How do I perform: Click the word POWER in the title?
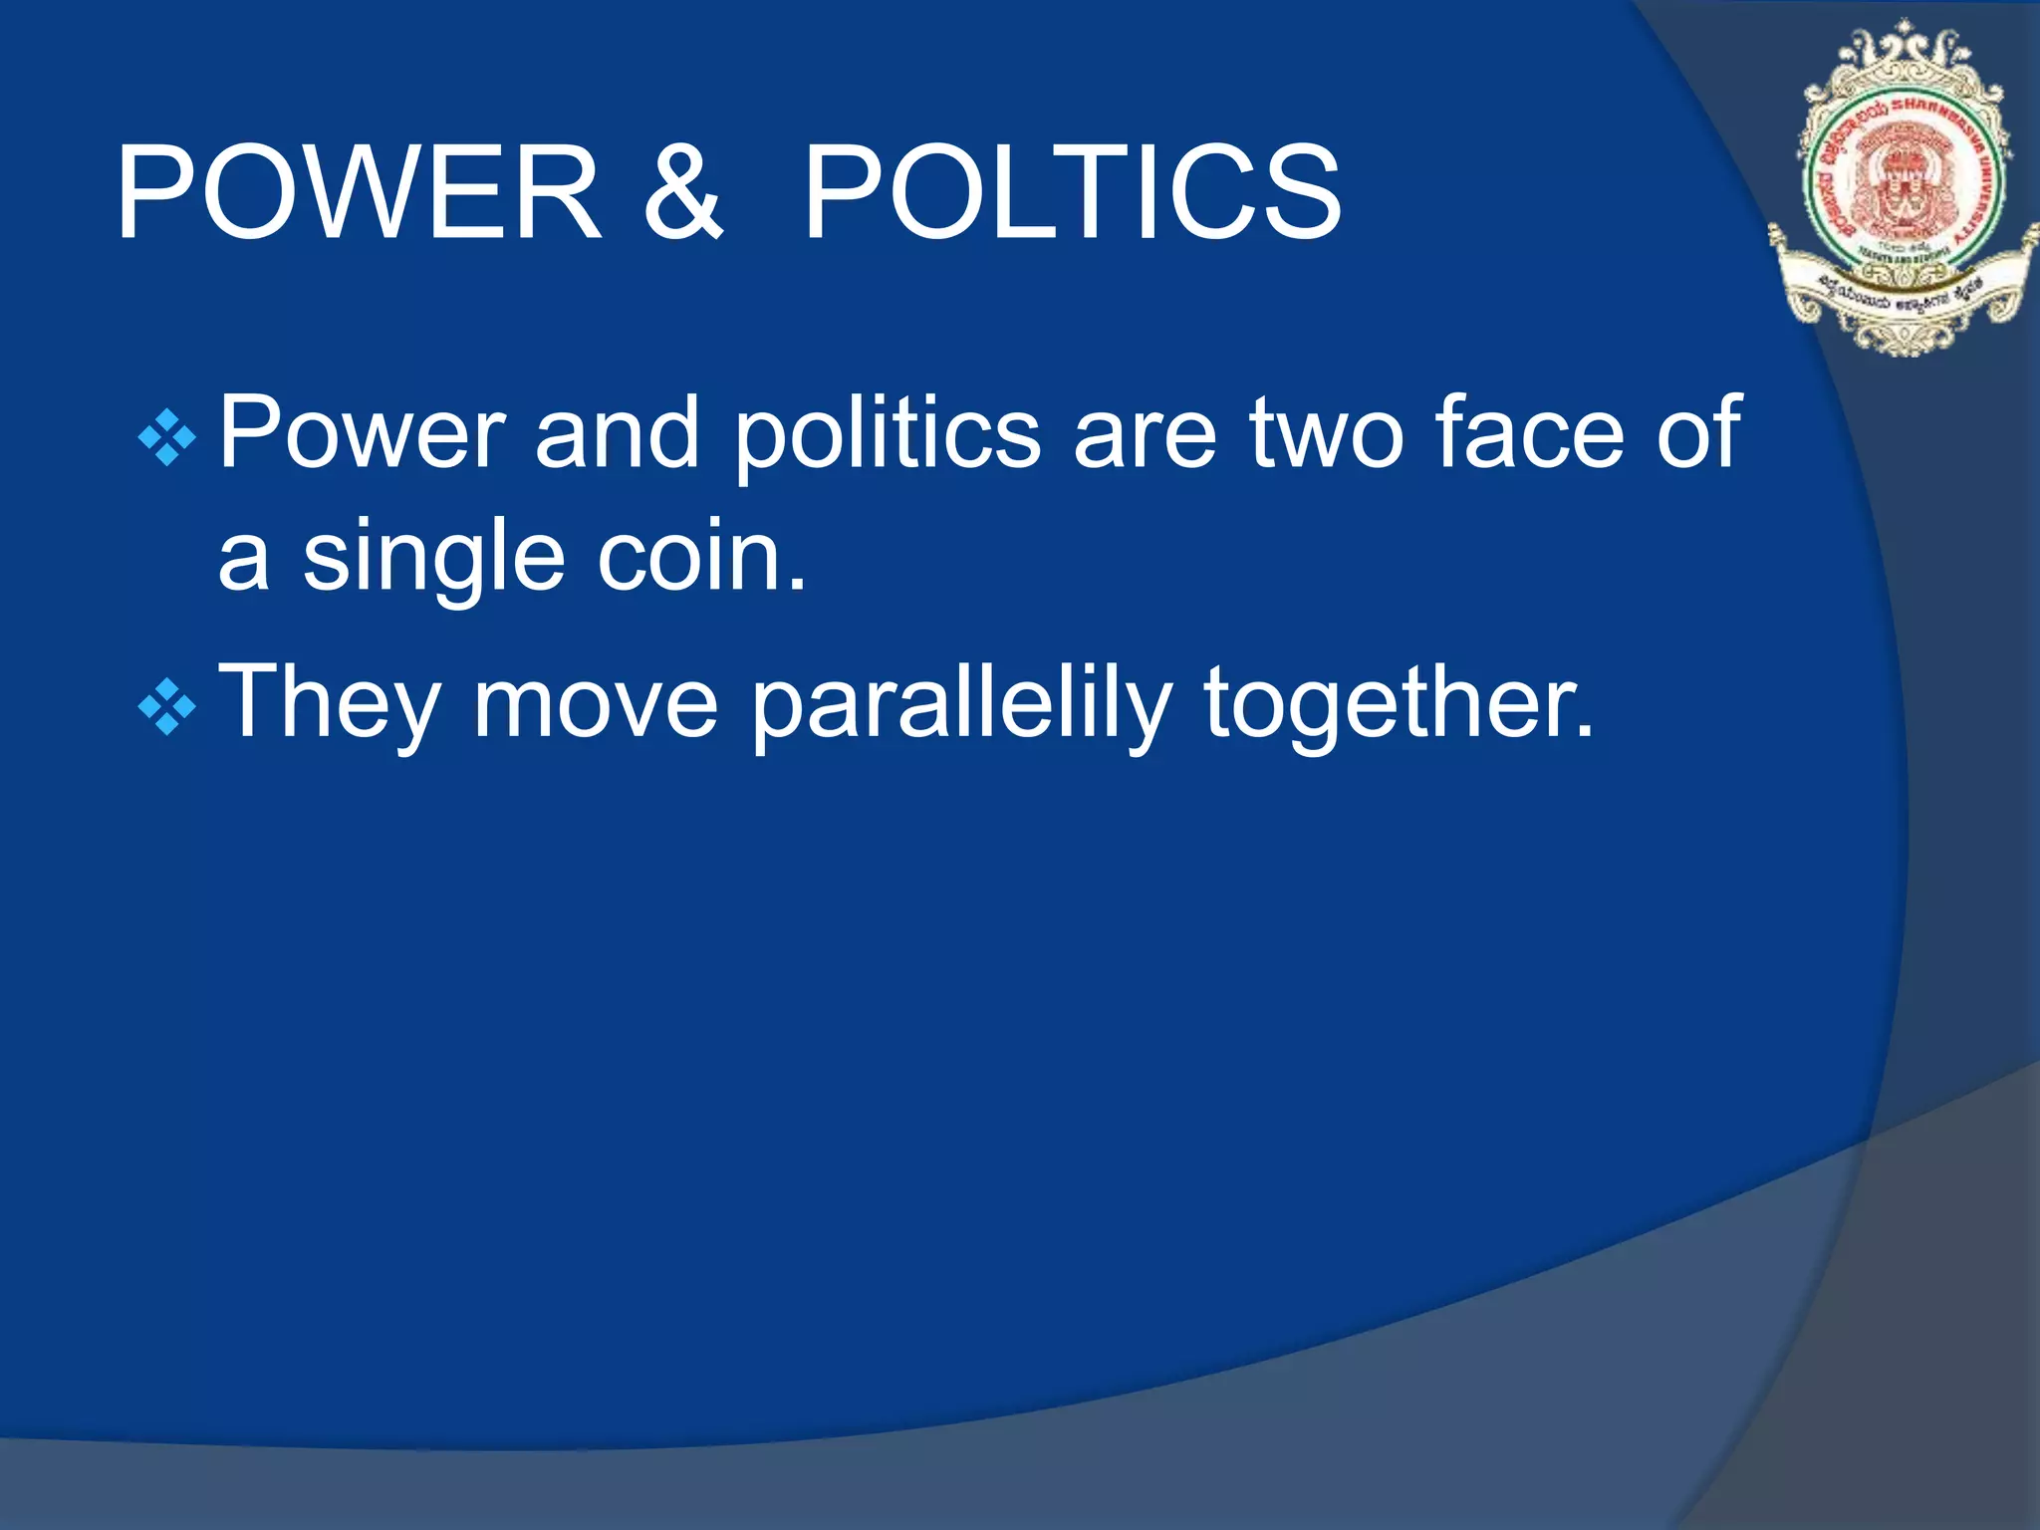359,191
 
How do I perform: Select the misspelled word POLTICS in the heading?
1072,191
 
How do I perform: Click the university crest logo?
1903,189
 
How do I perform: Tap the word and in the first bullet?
617,432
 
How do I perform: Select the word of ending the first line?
1698,432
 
